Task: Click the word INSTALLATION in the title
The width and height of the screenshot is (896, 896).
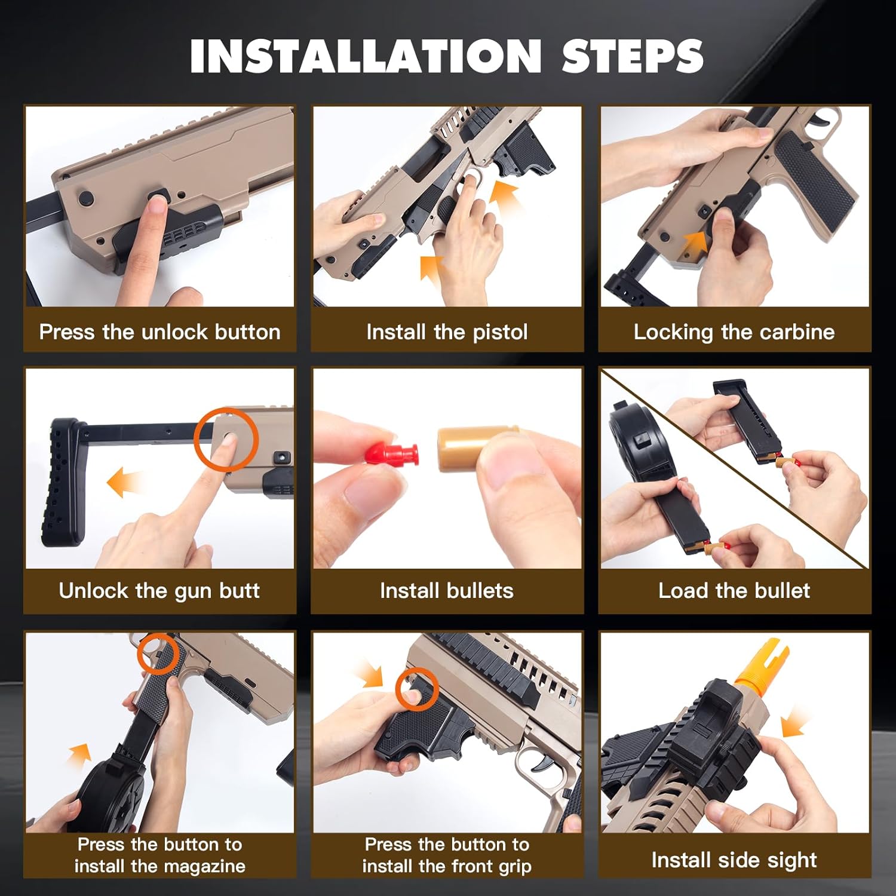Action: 366,56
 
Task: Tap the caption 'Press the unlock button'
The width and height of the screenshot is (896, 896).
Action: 159,332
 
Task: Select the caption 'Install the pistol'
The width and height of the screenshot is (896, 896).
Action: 447,332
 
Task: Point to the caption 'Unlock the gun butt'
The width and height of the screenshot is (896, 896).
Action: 159,591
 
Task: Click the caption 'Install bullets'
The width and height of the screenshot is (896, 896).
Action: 447,591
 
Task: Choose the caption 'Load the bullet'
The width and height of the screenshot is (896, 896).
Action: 734,591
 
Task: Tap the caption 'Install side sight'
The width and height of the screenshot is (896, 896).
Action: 734,860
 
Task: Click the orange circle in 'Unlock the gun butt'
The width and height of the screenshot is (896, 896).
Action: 226,440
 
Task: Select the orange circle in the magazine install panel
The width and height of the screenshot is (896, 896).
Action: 158,653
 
